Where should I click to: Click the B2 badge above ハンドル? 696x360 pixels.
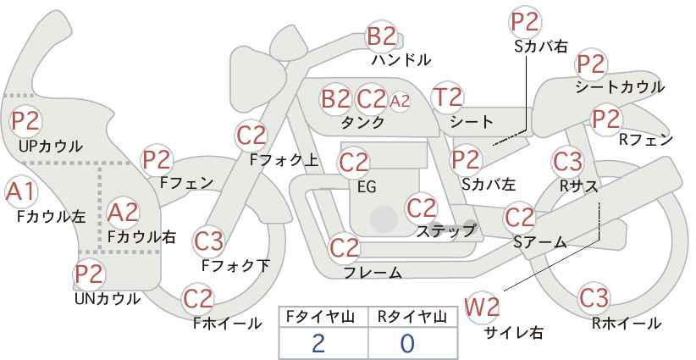click(x=381, y=36)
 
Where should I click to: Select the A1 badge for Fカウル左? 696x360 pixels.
click(x=19, y=192)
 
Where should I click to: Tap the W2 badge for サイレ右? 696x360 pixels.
click(x=483, y=307)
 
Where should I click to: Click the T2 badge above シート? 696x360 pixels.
click(x=447, y=97)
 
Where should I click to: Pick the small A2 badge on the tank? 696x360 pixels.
click(x=400, y=100)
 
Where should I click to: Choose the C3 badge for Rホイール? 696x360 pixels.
click(x=594, y=298)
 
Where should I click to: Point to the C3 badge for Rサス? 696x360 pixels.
click(x=567, y=160)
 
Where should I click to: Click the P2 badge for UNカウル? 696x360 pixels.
click(x=89, y=274)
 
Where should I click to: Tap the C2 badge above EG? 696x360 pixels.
click(x=353, y=161)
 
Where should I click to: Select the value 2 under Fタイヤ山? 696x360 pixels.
click(x=318, y=343)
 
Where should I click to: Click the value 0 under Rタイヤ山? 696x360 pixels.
click(x=407, y=343)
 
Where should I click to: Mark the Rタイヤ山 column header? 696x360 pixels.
click(x=412, y=316)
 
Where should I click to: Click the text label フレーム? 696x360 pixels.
click(x=373, y=273)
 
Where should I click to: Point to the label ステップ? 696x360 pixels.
click(x=446, y=230)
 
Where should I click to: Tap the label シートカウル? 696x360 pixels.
click(x=619, y=87)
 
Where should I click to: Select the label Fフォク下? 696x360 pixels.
click(x=235, y=265)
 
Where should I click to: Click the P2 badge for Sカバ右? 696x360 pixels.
click(x=526, y=22)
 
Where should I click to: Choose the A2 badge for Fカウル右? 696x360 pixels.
click(x=123, y=212)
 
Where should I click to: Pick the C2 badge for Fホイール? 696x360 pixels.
click(x=198, y=298)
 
